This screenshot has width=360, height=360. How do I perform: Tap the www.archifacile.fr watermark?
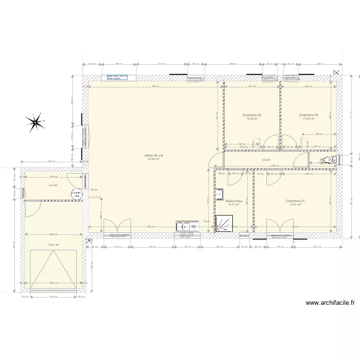pos(330,303)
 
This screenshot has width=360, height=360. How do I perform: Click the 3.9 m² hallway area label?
pos(265,160)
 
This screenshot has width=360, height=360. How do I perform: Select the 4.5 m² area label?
pos(53,185)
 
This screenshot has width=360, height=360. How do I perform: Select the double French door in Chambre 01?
pos(280,226)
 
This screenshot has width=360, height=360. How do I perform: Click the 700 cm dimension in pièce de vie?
pos(155,87)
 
